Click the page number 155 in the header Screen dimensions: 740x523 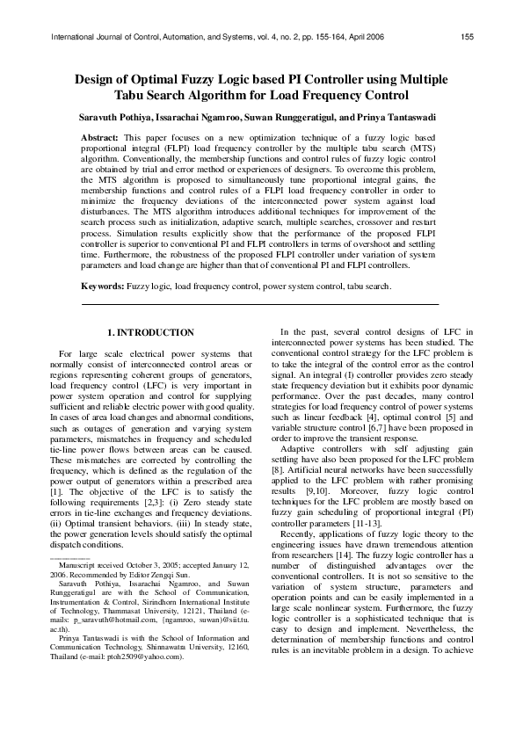(467, 37)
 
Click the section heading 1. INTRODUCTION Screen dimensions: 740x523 (150, 332)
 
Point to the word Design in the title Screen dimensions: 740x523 (95, 79)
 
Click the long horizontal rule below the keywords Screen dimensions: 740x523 (260, 304)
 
